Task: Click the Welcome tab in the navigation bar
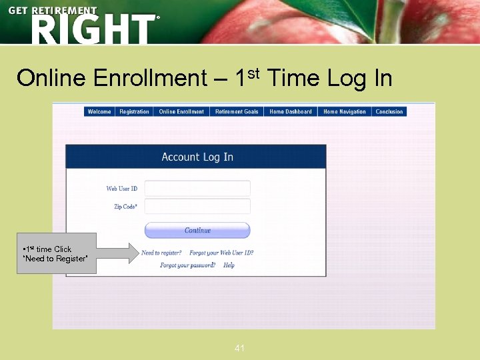point(99,112)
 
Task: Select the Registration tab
point(134,112)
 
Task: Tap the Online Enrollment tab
point(181,112)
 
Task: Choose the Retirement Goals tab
point(237,112)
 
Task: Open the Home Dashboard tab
point(291,112)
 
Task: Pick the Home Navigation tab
point(345,112)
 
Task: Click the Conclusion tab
point(389,112)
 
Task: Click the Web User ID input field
point(197,189)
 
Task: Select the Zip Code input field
point(197,207)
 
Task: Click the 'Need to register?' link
point(161,253)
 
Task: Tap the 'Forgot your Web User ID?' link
point(221,253)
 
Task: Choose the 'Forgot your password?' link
point(187,265)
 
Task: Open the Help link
point(229,265)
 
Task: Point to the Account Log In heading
point(197,157)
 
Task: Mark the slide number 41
point(240,348)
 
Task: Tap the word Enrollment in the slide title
point(151,79)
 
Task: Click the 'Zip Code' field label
point(125,207)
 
